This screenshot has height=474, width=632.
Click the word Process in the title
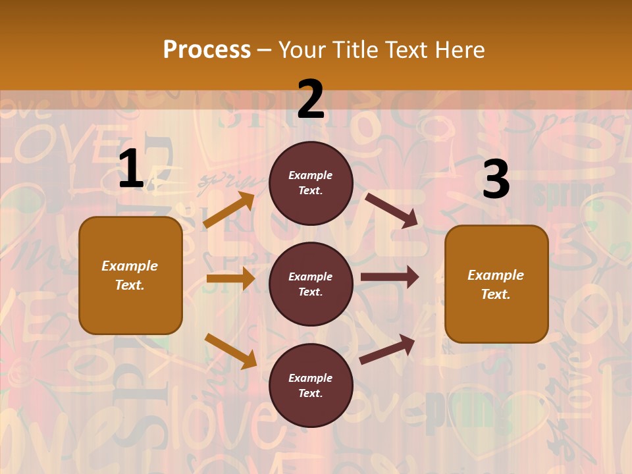pos(207,50)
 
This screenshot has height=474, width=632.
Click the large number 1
pos(131,169)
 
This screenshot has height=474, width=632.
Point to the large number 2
pos(311,99)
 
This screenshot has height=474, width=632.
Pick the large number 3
pos(496,180)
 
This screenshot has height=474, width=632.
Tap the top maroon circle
pos(311,183)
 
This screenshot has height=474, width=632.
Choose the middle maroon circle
pos(311,284)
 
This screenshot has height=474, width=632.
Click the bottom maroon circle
pos(311,385)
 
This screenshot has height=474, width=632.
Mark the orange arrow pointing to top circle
pos(229,210)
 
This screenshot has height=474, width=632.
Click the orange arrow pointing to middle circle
pos(230,278)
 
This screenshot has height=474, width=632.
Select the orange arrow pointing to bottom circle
pos(230,351)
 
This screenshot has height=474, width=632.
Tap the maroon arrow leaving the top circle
pos(391,210)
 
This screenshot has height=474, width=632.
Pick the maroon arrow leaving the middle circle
pos(389,277)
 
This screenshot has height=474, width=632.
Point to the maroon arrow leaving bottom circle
pos(387,349)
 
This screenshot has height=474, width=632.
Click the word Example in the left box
pos(130,266)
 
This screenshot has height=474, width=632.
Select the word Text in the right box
pos(495,294)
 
